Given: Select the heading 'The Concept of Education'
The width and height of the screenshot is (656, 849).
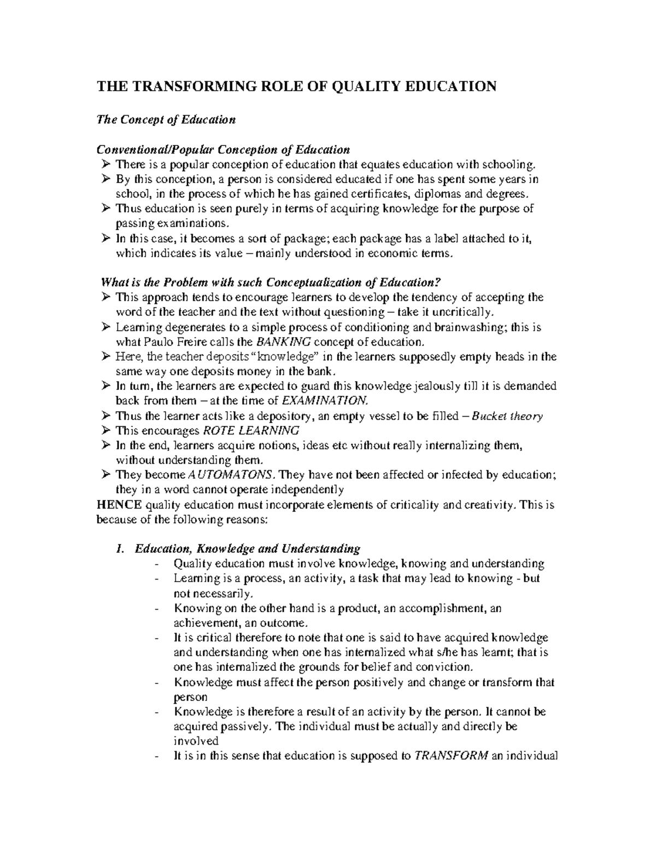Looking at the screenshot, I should pos(166,120).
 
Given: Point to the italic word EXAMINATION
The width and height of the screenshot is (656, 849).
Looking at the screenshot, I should pos(327,401).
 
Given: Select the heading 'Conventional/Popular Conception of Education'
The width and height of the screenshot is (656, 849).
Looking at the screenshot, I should pos(223,150).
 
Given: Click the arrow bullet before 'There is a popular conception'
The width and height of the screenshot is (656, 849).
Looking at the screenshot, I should pos(106,165).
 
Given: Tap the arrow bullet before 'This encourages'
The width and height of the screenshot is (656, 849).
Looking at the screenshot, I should pos(106,431).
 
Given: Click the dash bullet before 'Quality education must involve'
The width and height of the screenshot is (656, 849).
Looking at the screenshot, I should pos(158,564).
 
